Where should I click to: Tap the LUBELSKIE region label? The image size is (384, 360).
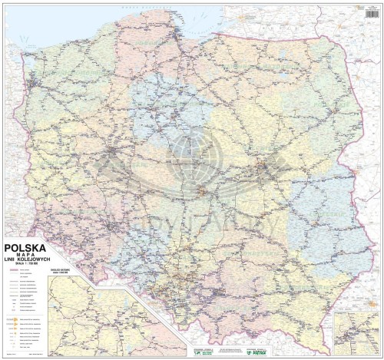click(323, 223)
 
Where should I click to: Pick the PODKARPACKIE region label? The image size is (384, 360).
click(307, 284)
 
